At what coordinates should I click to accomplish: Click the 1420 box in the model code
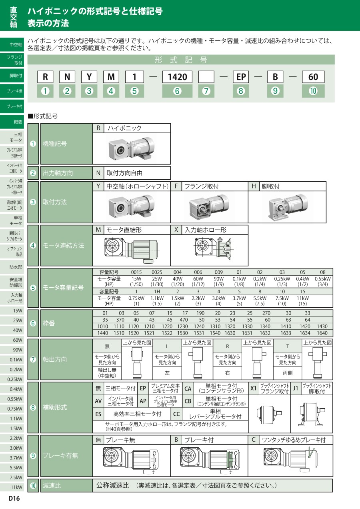(x=177, y=77)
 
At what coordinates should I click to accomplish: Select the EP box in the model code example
(x=241, y=77)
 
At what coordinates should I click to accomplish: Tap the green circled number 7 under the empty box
(x=206, y=91)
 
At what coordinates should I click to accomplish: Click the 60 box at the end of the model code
(x=313, y=77)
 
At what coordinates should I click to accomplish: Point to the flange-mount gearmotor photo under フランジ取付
(x=209, y=207)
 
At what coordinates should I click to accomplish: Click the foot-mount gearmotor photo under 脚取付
(x=288, y=207)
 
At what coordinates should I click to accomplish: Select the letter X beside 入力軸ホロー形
(x=176, y=230)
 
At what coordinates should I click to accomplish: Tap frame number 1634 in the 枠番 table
(x=305, y=333)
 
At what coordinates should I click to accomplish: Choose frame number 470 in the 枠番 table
(x=184, y=320)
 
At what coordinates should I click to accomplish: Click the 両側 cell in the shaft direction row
(x=288, y=373)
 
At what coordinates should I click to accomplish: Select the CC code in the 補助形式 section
(x=176, y=414)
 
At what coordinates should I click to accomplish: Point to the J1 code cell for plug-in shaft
(x=296, y=388)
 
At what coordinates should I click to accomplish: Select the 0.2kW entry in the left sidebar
(x=16, y=369)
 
